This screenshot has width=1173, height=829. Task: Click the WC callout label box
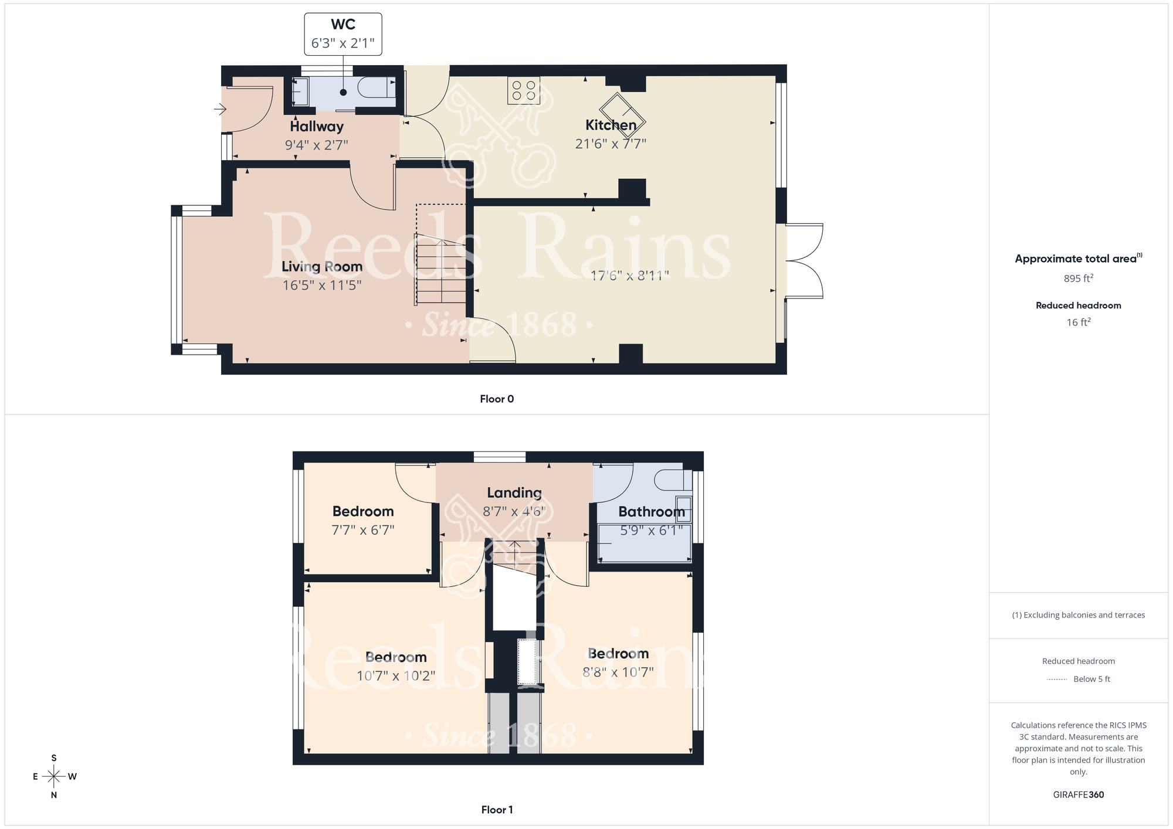[x=343, y=34]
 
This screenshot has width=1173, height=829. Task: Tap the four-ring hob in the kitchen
[x=523, y=91]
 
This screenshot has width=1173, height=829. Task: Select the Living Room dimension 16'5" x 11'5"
[x=321, y=286]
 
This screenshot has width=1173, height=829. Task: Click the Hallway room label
[x=317, y=127]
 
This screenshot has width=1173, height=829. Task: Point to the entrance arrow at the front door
[x=220, y=109]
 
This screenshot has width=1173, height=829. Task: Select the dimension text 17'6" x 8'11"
[x=629, y=276]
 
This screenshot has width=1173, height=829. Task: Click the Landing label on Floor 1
[x=514, y=493]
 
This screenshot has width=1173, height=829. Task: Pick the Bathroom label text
[x=652, y=512]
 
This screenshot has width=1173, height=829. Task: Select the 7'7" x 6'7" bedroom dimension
[x=363, y=530]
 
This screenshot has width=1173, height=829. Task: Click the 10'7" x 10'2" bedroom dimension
[x=396, y=676]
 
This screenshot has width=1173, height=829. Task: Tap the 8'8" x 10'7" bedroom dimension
[x=618, y=672]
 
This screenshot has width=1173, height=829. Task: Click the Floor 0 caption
[x=497, y=399]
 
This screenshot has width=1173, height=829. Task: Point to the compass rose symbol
[x=54, y=777]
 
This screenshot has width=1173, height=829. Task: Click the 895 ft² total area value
[x=1078, y=278]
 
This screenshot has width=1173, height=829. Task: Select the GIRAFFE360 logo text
[x=1078, y=795]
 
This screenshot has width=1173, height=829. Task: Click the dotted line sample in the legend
[x=1056, y=679]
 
